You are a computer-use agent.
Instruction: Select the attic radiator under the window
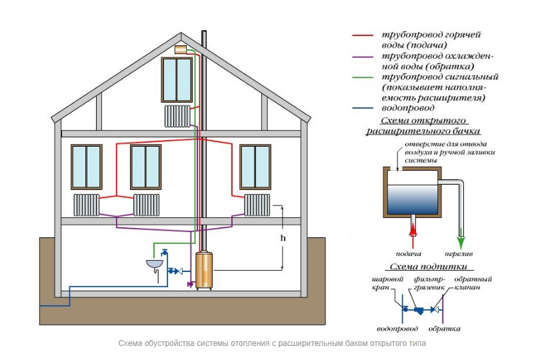pos(177,115)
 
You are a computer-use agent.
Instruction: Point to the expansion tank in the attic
pos(181,49)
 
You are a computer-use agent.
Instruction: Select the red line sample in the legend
pos(364,33)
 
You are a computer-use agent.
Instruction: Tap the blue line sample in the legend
pos(364,107)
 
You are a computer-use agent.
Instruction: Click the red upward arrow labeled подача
pos(413,231)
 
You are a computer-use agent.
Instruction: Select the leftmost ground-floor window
pos(87,167)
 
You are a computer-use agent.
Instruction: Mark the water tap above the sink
pos(164,253)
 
